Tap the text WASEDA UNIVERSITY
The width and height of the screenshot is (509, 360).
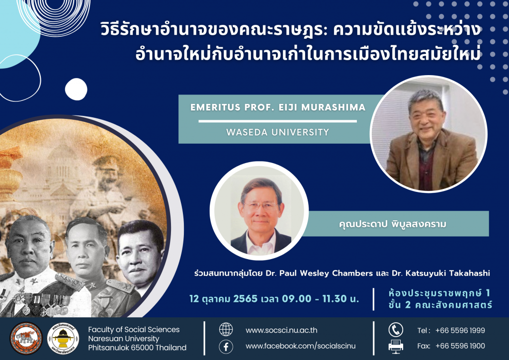277,132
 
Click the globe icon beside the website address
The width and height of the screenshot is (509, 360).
226,330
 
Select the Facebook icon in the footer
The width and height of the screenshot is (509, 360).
226,347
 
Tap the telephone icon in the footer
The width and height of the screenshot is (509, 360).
396,330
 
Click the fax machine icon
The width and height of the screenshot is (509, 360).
396,347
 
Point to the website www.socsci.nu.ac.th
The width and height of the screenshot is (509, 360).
281,330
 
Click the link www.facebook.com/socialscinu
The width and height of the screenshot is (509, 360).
301,346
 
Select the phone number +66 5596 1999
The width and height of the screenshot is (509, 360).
460,330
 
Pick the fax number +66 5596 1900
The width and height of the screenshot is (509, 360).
460,346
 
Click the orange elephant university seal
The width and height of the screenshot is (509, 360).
26,338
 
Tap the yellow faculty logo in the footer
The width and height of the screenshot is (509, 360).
63,338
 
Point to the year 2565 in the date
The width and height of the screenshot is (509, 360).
246,299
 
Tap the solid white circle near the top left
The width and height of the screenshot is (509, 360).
76,90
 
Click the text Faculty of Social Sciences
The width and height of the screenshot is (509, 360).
134,330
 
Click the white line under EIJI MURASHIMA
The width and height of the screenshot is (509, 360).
277,121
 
